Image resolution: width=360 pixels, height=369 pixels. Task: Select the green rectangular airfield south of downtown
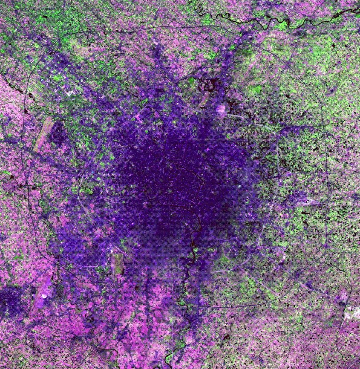116,262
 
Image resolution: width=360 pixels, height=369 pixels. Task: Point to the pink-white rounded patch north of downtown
221,109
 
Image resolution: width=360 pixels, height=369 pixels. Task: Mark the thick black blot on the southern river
193,245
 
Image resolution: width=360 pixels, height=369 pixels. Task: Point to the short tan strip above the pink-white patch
204,100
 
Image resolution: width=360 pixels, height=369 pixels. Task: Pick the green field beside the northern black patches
256,90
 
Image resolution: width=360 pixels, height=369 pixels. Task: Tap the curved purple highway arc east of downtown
294,127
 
